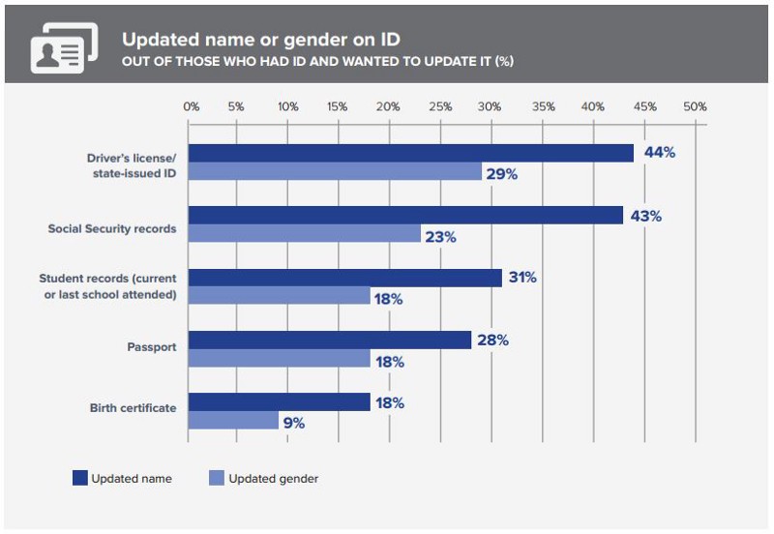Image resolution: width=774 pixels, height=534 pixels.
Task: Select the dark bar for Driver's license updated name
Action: click(x=410, y=153)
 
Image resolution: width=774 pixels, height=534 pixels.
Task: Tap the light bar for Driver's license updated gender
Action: click(x=335, y=172)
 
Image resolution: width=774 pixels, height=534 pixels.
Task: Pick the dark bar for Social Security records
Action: click(x=405, y=216)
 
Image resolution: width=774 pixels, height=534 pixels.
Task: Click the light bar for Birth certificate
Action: click(x=233, y=421)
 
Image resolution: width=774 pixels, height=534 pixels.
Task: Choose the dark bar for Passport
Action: click(x=330, y=341)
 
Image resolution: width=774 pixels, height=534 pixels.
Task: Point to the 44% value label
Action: click(x=659, y=153)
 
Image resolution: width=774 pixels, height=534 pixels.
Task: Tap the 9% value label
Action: click(x=294, y=422)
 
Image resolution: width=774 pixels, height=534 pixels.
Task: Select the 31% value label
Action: click(x=521, y=278)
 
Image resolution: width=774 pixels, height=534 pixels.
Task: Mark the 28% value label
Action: click(x=491, y=341)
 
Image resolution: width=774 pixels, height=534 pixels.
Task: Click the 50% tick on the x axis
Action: click(x=695, y=106)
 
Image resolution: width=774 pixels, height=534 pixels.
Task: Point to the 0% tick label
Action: click(x=191, y=106)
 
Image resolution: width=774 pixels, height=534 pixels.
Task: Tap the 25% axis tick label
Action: click(x=438, y=106)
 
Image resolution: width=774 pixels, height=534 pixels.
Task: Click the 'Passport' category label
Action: click(x=151, y=346)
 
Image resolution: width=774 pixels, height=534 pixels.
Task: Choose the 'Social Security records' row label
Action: click(x=112, y=229)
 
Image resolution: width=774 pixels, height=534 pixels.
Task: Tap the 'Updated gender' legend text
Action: click(x=273, y=478)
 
